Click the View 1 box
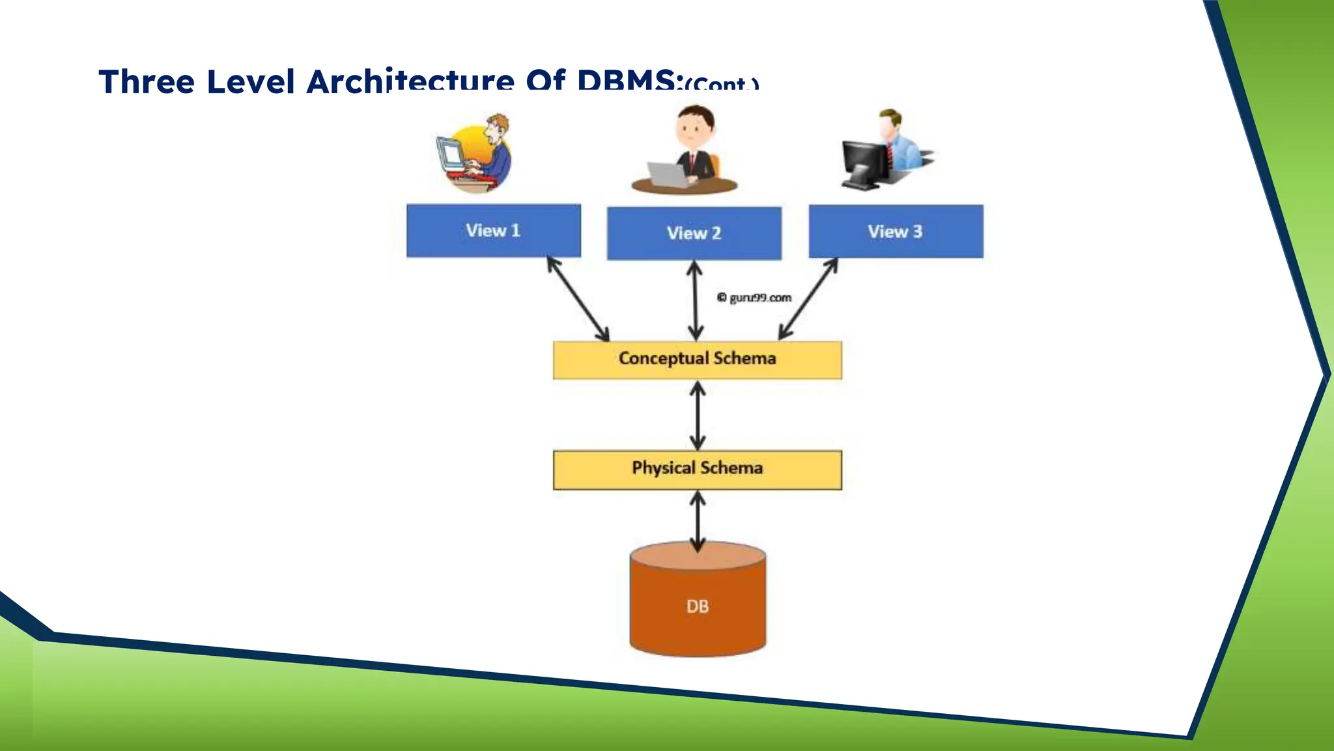pyautogui.click(x=493, y=231)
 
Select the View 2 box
pyautogui.click(x=694, y=233)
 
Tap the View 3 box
pyautogui.click(x=896, y=231)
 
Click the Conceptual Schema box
pyautogui.click(x=697, y=359)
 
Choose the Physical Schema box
pyautogui.click(x=697, y=469)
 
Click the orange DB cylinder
pyautogui.click(x=697, y=619)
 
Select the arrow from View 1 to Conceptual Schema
pyautogui.click(x=578, y=299)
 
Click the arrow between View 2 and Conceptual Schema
pyautogui.click(x=695, y=301)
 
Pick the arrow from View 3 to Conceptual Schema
pyautogui.click(x=808, y=299)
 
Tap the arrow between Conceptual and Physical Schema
pyautogui.click(x=698, y=415)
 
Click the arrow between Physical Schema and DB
pyautogui.click(x=698, y=522)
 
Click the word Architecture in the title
pyautogui.click(x=410, y=81)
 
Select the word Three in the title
pyautogui.click(x=147, y=83)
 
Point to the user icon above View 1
pyautogui.click(x=474, y=154)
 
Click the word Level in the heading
pyautogui.click(x=250, y=83)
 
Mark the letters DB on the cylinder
pyautogui.click(x=697, y=607)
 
